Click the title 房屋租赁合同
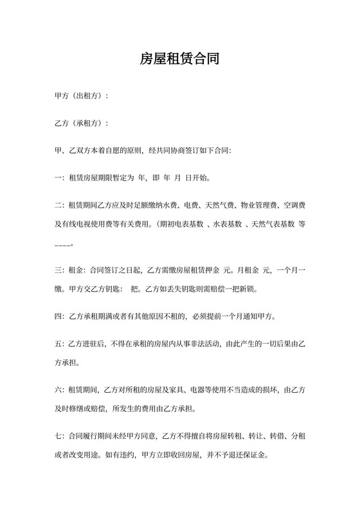pyautogui.click(x=180, y=60)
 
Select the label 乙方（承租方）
pyautogui.click(x=80, y=123)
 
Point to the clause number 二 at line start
pyautogui.click(x=59, y=206)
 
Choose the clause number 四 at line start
pyautogui.click(x=59, y=316)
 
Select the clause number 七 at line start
pyautogui.click(x=59, y=436)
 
